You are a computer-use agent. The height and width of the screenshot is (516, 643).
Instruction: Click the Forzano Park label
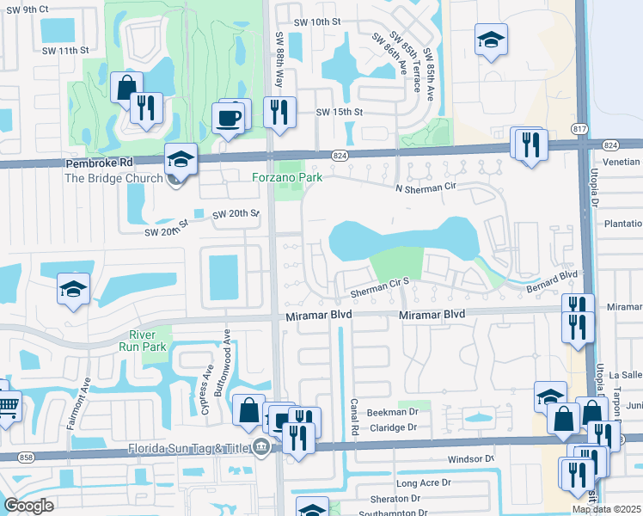[286, 178]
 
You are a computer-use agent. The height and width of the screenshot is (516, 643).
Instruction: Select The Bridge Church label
[113, 178]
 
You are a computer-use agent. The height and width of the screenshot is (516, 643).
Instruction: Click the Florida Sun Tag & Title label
[187, 447]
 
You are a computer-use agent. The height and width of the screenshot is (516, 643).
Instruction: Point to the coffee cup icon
[228, 117]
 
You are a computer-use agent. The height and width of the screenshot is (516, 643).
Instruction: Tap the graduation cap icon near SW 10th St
[491, 40]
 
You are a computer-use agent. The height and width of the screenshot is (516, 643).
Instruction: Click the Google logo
[28, 506]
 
